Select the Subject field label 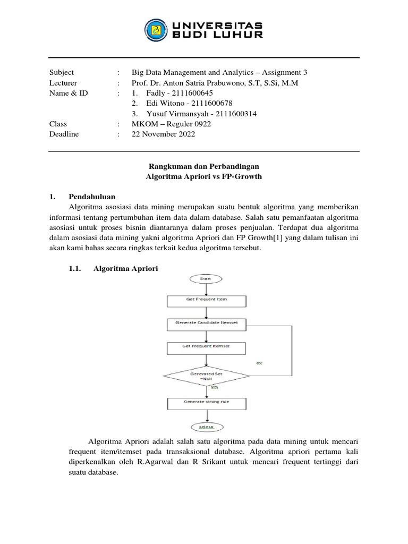(x=62, y=72)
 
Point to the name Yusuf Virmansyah (x=169, y=114)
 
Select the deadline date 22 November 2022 (x=163, y=134)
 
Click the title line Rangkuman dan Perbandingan (x=204, y=166)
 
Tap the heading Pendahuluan (x=92, y=196)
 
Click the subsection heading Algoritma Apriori (x=125, y=269)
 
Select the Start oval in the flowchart (x=206, y=278)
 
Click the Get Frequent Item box (x=206, y=300)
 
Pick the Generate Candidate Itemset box (x=206, y=322)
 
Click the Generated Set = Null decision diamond (x=206, y=376)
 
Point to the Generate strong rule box (x=206, y=402)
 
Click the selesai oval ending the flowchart (x=206, y=427)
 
